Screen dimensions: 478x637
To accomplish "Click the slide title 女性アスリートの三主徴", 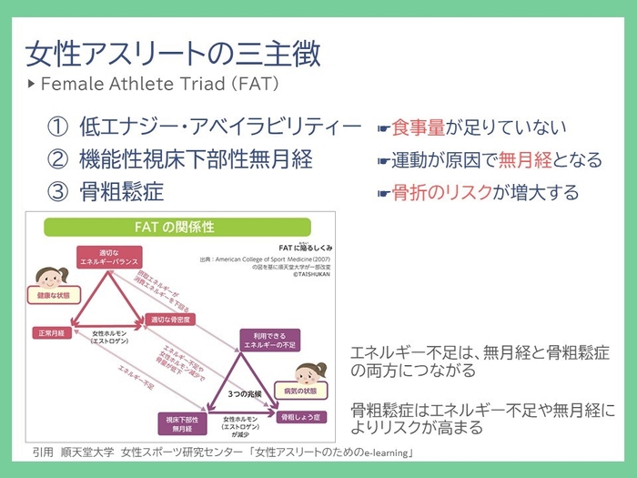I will pyautogui.click(x=172, y=53).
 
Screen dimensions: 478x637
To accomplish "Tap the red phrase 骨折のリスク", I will pyautogui.click(x=442, y=193).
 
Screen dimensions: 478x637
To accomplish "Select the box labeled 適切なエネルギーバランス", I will pyautogui.click(x=101, y=256).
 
